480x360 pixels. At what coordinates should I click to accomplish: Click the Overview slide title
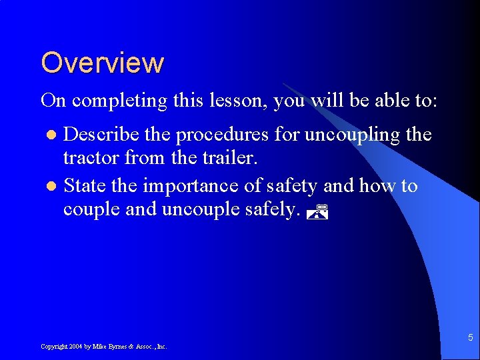tap(102, 63)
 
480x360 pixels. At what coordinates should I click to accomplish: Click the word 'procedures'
tap(213, 136)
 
